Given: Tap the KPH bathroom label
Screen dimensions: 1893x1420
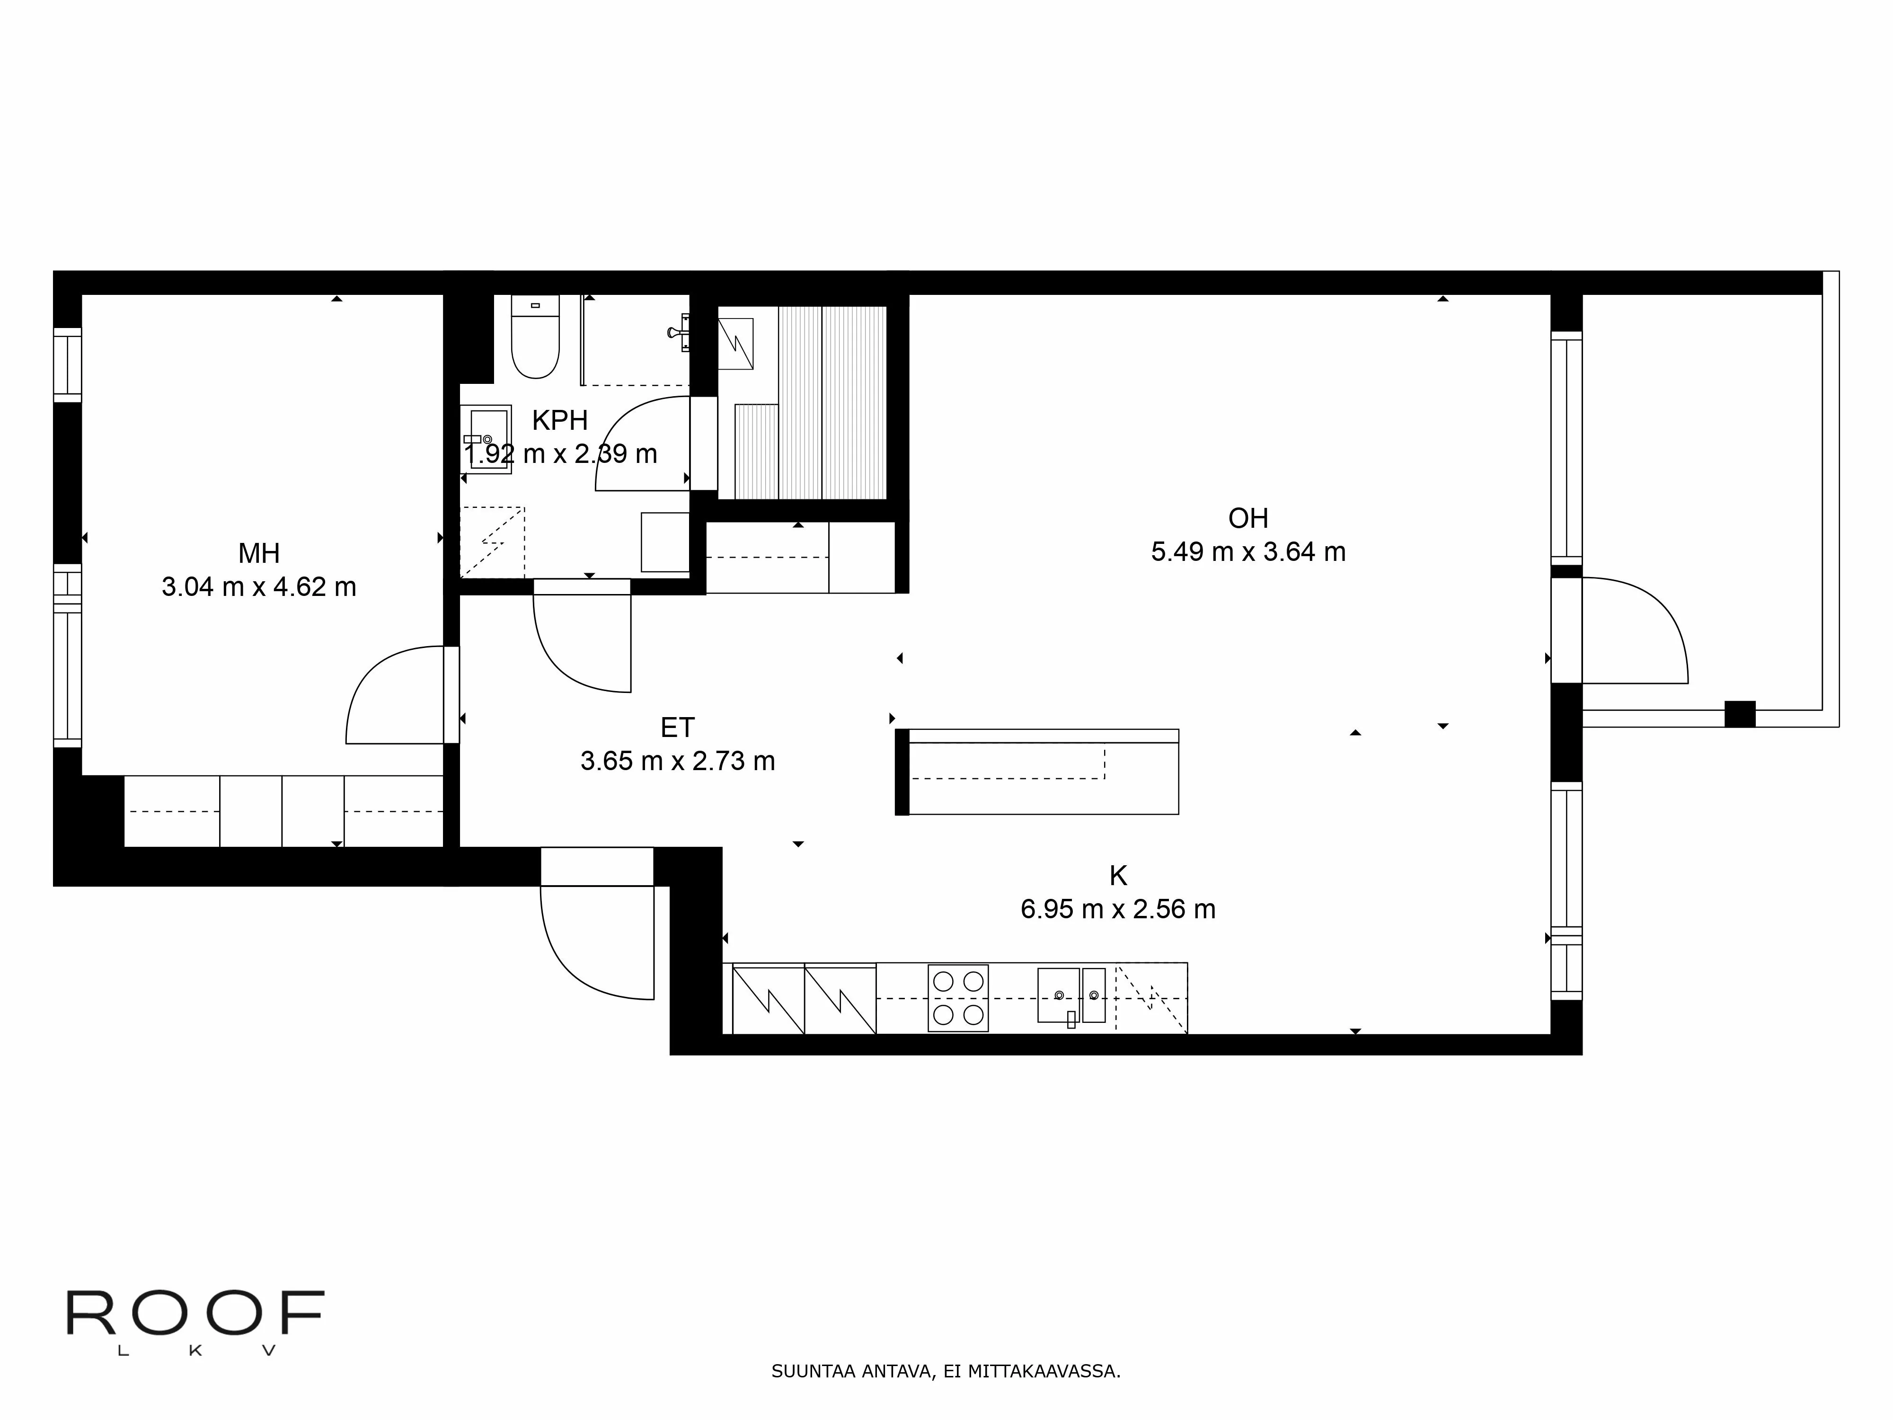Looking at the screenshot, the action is [x=560, y=420].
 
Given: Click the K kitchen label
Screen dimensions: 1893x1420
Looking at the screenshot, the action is [x=1118, y=876].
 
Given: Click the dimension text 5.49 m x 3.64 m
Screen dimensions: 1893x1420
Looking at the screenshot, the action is [x=1248, y=552].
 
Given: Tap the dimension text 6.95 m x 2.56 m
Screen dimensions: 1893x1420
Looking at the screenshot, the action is [x=1118, y=909].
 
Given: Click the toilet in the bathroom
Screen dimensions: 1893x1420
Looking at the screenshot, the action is [x=535, y=337].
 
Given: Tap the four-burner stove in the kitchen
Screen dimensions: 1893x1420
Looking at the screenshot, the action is [x=958, y=998].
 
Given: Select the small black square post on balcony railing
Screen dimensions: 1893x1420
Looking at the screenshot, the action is [x=1740, y=714].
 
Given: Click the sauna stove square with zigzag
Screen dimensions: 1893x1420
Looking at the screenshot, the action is [x=735, y=343].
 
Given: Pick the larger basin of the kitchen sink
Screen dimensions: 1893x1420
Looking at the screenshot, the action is [x=1059, y=994].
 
